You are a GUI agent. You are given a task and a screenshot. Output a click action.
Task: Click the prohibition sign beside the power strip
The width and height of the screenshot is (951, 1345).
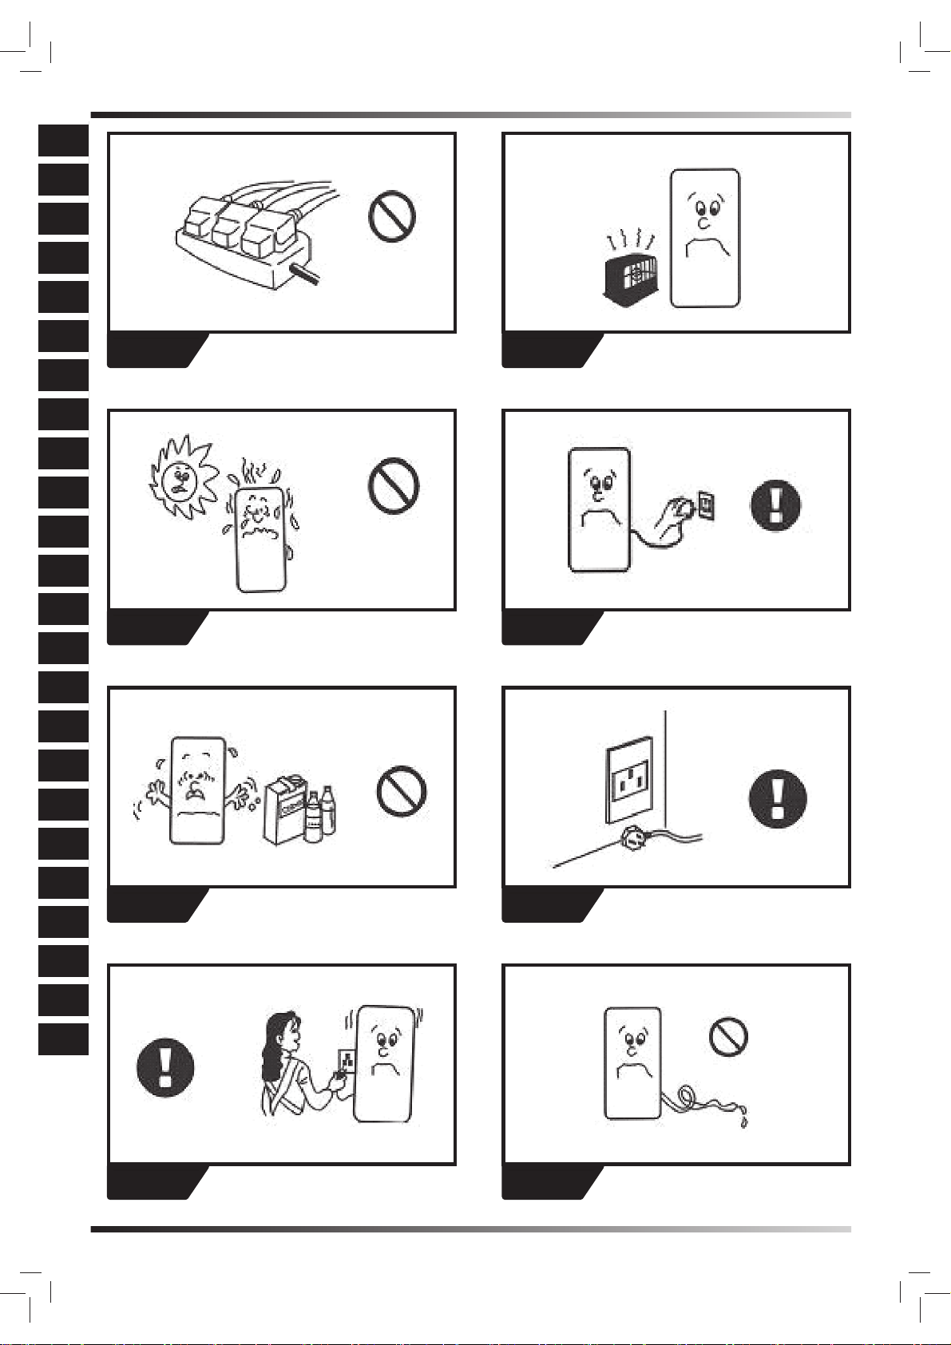[391, 216]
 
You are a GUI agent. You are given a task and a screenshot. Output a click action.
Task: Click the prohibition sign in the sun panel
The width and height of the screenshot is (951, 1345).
[393, 485]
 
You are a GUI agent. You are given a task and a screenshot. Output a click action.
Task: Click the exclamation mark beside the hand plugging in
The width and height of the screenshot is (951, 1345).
[775, 504]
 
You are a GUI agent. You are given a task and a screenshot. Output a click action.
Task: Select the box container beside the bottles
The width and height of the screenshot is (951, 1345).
[284, 811]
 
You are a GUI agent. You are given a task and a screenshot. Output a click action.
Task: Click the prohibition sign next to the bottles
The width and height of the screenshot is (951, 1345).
[402, 791]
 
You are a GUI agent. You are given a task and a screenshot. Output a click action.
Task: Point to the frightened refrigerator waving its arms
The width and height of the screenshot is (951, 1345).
[196, 790]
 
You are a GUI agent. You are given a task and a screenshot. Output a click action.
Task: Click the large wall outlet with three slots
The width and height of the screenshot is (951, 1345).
[629, 785]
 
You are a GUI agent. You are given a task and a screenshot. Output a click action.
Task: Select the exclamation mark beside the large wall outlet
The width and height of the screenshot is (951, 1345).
[778, 798]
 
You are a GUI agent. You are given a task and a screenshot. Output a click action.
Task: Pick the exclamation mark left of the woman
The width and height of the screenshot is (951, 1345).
[165, 1067]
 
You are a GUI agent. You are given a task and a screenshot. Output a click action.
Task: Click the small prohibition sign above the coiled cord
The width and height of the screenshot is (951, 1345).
[728, 1037]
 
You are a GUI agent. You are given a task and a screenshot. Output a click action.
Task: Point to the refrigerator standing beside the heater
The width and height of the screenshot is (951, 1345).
[705, 237]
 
